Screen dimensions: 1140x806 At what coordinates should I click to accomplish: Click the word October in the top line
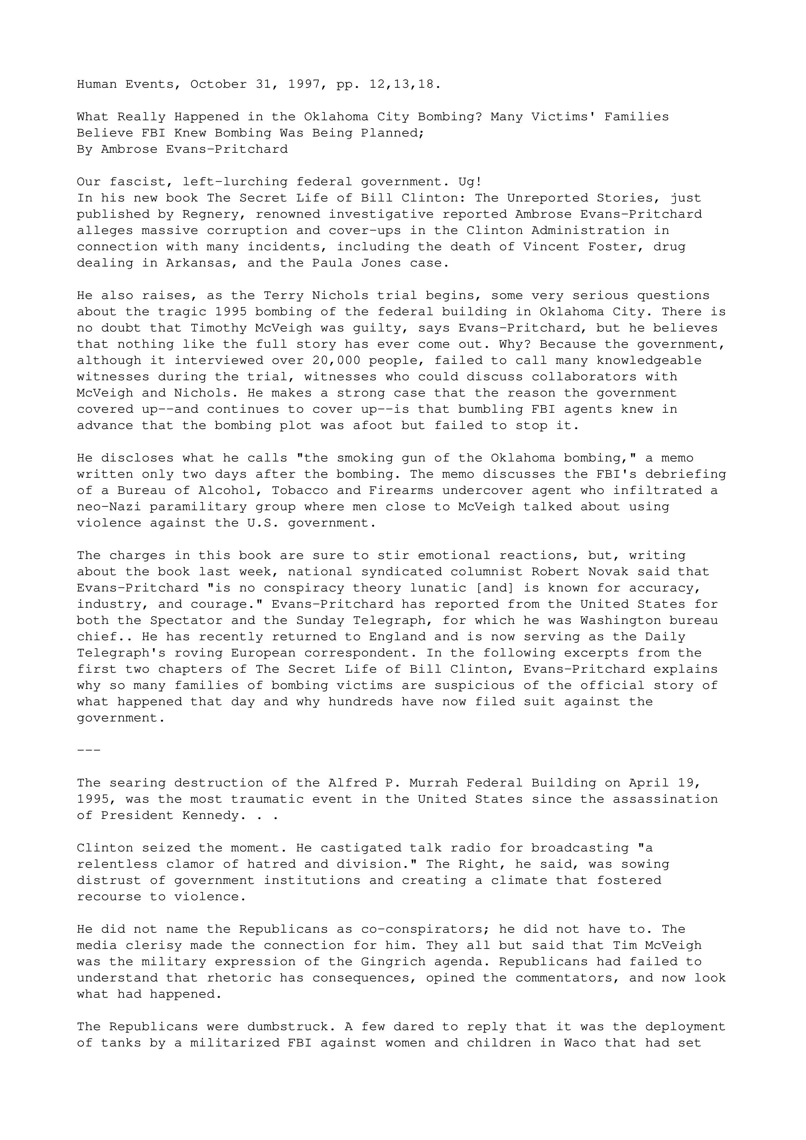218,84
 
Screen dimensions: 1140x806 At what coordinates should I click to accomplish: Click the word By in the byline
84,149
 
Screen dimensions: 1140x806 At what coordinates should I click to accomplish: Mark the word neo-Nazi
109,507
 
